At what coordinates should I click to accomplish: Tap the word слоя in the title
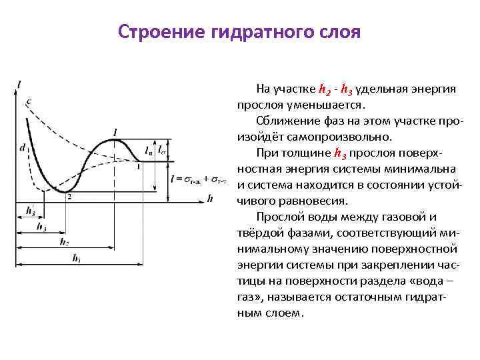coord(337,32)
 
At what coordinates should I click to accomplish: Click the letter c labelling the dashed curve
coord(28,101)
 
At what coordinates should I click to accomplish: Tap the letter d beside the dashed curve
coord(23,148)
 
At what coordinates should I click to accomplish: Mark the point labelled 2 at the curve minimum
coord(69,197)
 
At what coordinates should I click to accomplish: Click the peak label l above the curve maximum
coord(116,132)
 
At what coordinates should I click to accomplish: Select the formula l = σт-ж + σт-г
coord(199,179)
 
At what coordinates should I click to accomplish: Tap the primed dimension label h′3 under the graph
coord(30,211)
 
